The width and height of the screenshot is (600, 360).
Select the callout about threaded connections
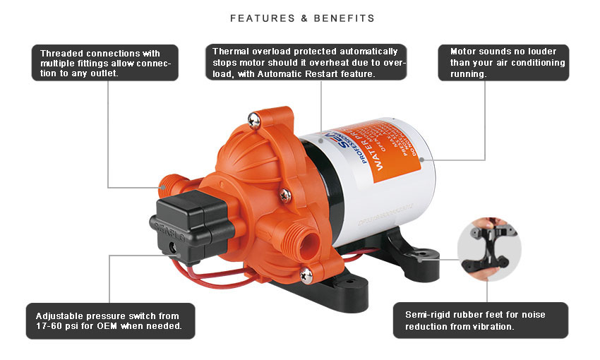(105, 63)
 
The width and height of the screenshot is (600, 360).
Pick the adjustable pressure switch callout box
(109, 320)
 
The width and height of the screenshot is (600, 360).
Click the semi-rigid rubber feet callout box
(480, 320)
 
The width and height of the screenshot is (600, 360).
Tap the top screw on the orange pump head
(255, 122)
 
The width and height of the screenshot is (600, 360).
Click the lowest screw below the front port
(306, 273)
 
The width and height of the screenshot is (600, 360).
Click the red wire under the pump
(233, 271)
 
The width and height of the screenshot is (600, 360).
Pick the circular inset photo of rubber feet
(489, 249)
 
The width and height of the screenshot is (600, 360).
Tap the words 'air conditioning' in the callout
(528, 63)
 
